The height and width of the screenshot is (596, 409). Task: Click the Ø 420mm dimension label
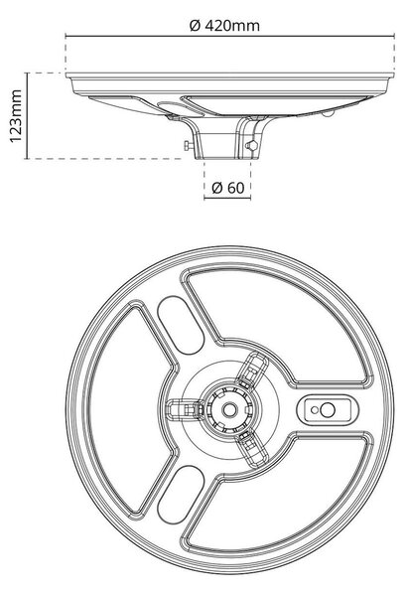click(x=224, y=26)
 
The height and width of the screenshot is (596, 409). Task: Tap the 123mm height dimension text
click(x=16, y=116)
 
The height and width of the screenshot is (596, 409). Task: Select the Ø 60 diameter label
click(x=228, y=188)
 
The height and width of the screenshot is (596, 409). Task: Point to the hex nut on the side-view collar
click(x=252, y=144)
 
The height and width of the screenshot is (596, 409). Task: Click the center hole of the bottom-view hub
click(x=229, y=409)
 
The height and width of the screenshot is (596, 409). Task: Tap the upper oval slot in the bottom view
click(x=180, y=324)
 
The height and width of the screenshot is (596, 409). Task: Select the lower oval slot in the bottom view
click(x=181, y=494)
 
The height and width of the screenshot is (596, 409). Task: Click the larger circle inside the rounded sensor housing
click(x=327, y=409)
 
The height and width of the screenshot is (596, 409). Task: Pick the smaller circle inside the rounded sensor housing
click(x=315, y=409)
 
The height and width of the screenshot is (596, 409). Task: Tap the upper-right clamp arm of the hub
click(x=251, y=371)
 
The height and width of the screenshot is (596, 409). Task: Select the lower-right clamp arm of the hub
click(x=252, y=449)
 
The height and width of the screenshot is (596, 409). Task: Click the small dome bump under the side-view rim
click(x=328, y=113)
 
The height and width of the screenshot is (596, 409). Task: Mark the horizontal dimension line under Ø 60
click(x=227, y=198)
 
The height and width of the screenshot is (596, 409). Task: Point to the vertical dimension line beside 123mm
click(x=27, y=115)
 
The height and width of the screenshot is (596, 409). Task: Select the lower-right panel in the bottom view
click(x=282, y=494)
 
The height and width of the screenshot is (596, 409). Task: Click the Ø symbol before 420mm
click(x=195, y=26)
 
